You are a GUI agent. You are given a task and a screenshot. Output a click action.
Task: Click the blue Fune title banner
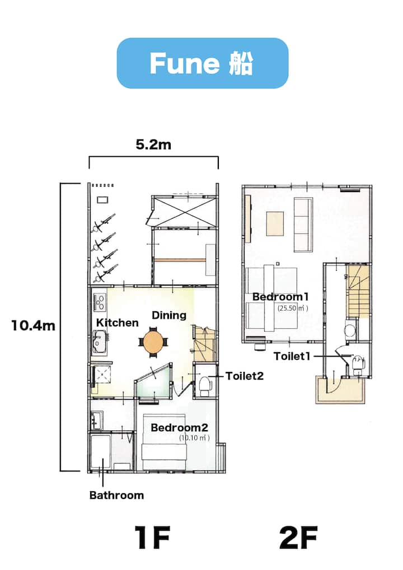pos(203,63)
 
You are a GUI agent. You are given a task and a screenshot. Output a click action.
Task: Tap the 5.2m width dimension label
pos(153,144)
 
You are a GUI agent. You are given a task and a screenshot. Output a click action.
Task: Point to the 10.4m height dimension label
pos(33,325)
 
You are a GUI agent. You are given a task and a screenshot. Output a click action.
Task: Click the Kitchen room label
pos(118,323)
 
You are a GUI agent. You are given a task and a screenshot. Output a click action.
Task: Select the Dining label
pos(169,315)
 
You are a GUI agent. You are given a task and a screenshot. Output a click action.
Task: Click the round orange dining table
pos(154,343)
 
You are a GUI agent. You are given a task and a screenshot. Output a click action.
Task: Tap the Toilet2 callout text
pos(245,376)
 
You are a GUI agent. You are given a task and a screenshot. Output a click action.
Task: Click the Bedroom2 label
pos(180,428)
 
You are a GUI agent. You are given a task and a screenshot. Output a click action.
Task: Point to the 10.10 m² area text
pos(194,438)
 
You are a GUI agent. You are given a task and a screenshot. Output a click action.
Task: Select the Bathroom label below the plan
pos(116,495)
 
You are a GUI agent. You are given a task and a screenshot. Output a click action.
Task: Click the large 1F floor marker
pos(152,538)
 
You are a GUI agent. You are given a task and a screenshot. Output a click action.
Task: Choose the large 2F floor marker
pos(298,538)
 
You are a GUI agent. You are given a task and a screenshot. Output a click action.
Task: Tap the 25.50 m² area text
pos(293,309)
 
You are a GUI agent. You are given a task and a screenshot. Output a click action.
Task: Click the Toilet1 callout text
pos(292,356)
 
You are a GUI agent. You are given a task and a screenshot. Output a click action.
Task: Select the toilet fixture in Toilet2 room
pos(205,386)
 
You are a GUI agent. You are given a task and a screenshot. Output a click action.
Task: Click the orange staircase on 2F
pos(359,291)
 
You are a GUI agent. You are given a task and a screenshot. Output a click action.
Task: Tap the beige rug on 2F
pos(275,223)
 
